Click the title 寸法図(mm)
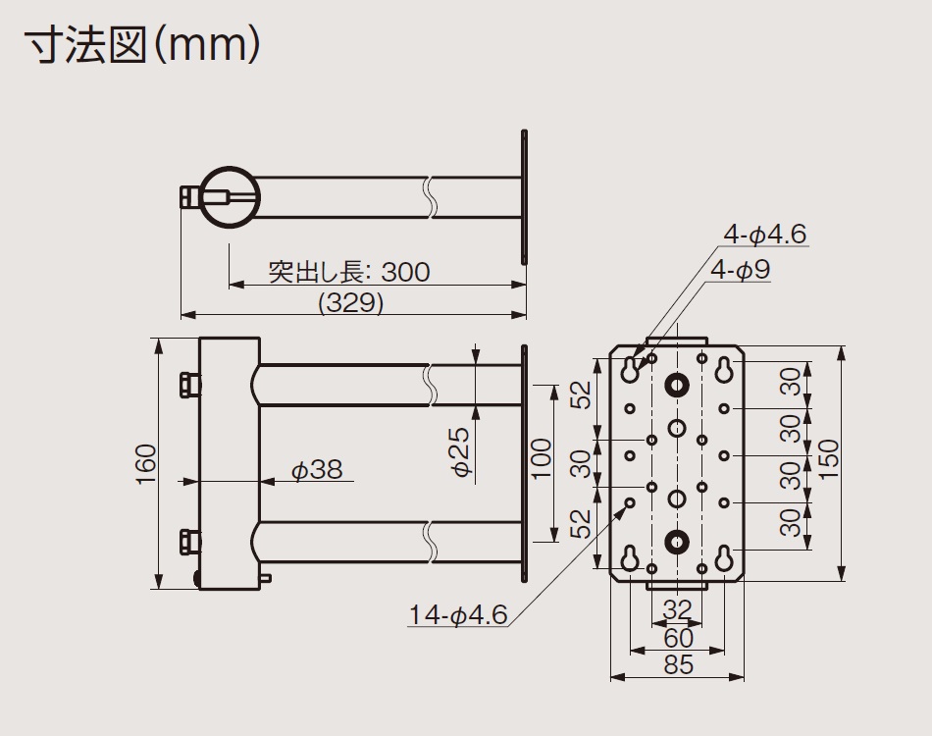tap(142, 45)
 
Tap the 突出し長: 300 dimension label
tap(349, 272)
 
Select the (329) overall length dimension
tap(350, 303)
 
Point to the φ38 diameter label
tap(317, 470)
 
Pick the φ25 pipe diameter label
tap(461, 451)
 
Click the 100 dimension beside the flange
tap(541, 458)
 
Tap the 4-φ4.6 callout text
tap(765, 234)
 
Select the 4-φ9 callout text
tap(741, 270)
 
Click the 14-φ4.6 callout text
tap(458, 614)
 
